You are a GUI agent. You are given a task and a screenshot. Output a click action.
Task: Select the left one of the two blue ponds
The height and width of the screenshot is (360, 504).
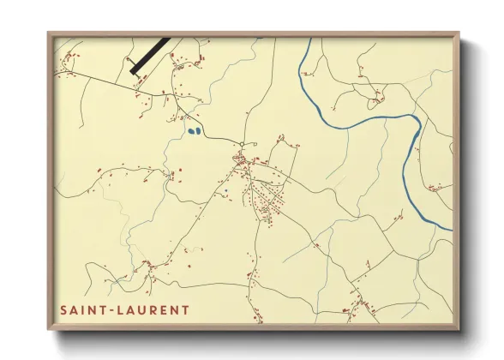coord(189,132)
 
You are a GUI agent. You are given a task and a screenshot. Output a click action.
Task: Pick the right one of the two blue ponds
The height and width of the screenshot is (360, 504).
coord(197,131)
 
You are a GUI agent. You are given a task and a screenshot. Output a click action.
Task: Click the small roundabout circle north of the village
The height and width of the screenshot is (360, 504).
coord(243,143)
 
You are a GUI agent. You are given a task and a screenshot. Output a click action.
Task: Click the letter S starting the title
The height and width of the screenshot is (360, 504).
coord(63,309)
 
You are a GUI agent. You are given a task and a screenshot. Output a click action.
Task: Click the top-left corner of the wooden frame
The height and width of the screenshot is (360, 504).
coord(50,34)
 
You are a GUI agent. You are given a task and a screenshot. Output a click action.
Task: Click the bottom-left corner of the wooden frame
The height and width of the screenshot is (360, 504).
coord(50,328)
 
